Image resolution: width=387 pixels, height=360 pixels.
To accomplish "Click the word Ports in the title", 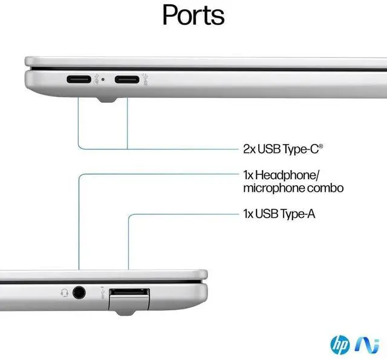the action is coord(193,16).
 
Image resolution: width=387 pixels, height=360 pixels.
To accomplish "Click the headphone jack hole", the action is coord(79,293).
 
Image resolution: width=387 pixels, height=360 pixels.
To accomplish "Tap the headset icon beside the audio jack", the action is coord(64,293).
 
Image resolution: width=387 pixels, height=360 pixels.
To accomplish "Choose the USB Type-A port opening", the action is coord(129,293).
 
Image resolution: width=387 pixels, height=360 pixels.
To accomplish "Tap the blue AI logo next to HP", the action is coord(362,344).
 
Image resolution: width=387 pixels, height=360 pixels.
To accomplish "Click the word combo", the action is coord(327,188).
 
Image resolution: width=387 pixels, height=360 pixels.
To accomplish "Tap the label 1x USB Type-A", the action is coord(279,214).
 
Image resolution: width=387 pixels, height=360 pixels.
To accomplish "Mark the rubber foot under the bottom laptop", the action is coord(123,310).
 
